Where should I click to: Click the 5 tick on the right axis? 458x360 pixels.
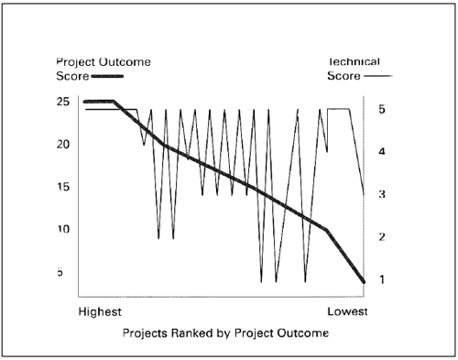(x=381, y=109)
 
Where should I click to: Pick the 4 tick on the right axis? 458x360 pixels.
(x=381, y=152)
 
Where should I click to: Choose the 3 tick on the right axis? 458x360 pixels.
(x=381, y=194)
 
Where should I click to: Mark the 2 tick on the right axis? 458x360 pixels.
(x=381, y=237)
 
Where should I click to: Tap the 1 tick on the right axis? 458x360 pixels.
(x=381, y=279)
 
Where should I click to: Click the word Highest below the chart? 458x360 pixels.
(x=100, y=311)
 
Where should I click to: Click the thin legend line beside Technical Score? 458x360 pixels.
(x=377, y=76)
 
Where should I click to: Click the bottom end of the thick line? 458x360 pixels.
(x=365, y=281)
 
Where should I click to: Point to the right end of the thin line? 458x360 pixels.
(x=365, y=194)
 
